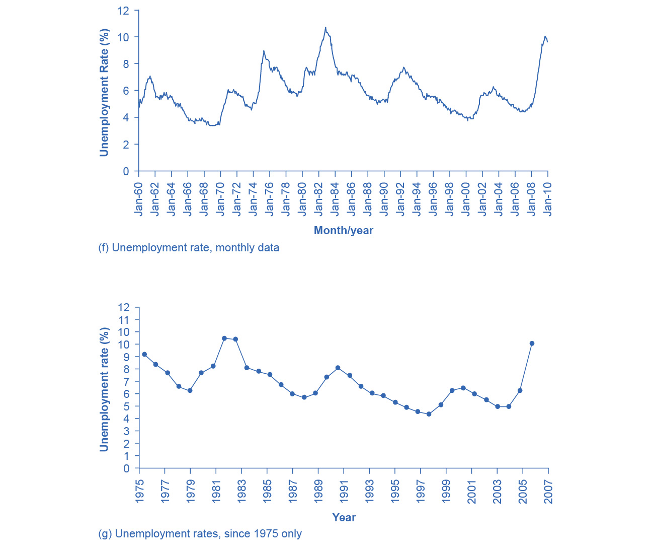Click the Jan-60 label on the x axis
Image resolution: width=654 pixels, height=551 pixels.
pos(138,199)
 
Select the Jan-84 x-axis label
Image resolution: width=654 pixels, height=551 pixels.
pos(335,199)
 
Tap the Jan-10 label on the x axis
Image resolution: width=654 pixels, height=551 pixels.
pos(547,199)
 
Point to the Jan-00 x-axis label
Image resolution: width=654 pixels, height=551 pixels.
pos(466,199)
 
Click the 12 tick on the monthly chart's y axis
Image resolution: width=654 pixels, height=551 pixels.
pos(123,11)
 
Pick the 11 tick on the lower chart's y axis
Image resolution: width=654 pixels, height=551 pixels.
pos(123,320)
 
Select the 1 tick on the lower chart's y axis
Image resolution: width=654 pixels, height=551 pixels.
pos(126,456)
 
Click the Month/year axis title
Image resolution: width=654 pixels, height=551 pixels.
pos(344,231)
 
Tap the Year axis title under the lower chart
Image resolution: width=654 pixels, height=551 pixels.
pos(344,517)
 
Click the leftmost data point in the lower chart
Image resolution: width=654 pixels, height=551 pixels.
pos(144,355)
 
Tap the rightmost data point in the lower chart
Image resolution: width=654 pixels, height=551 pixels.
pos(532,343)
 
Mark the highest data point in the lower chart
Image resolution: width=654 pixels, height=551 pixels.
pos(224,338)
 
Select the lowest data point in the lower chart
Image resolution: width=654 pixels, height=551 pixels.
pos(429,414)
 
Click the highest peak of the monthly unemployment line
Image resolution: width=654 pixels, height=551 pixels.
pos(325,28)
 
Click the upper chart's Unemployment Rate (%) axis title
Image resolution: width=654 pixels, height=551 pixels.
pos(104,93)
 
